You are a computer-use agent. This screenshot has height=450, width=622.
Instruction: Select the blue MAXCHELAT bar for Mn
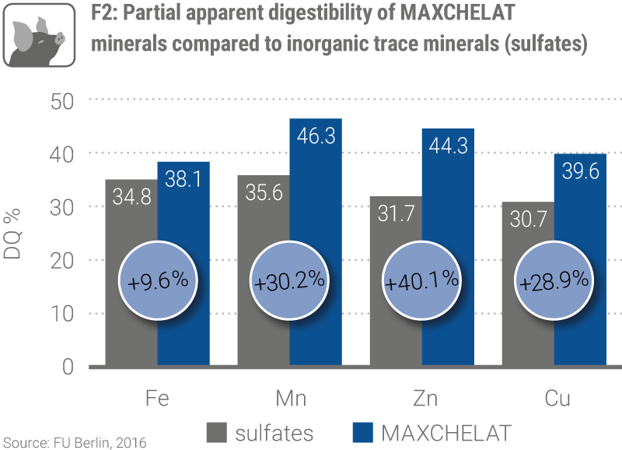coord(316,195)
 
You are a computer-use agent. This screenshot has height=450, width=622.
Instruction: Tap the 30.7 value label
coord(527,220)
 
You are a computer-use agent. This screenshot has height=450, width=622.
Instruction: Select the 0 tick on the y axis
coord(68,367)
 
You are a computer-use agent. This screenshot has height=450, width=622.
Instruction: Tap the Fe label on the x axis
coord(157,399)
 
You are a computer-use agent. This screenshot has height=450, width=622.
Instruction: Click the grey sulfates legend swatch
coord(217,433)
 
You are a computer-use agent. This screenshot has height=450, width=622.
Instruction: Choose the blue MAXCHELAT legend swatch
coord(362,433)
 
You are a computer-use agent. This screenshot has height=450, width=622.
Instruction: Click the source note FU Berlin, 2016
coord(73,442)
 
